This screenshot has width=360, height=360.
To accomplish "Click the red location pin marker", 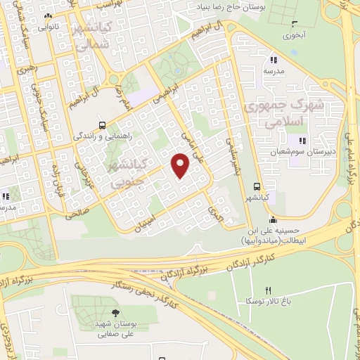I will pyautogui.click(x=181, y=166).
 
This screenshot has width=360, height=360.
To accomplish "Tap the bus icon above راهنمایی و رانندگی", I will pyautogui.click(x=103, y=122).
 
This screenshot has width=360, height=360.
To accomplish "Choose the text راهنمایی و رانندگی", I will pyautogui.click(x=103, y=134).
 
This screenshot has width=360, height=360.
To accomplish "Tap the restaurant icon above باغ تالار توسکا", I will pyautogui.click(x=267, y=290).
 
